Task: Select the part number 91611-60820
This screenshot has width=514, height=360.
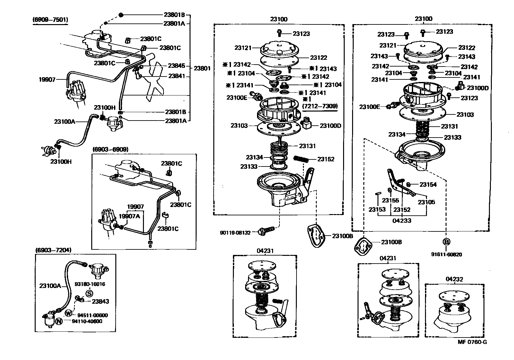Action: pos(447,255)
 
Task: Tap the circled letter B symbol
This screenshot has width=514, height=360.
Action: pos(447,242)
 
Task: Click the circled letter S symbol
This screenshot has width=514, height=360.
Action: pos(89,293)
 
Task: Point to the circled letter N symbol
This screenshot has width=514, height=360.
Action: pos(59,321)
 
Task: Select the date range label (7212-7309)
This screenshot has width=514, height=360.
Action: pos(320,106)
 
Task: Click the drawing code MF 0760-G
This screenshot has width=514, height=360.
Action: pos(472,342)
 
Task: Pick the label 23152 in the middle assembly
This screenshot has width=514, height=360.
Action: pos(326,159)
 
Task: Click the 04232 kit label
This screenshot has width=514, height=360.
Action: pos(454,279)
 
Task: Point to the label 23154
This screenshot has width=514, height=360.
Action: pos(428,184)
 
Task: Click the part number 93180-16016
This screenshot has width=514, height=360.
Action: pos(90,284)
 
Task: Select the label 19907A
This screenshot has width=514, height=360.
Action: pos(129,216)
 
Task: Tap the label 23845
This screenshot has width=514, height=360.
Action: pos(176,66)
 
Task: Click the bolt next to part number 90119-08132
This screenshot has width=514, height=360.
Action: pos(267,230)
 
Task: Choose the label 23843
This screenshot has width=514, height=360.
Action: pos(100,301)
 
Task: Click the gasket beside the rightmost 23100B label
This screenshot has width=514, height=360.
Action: pos(362,248)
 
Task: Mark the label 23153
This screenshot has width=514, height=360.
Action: pos(377,210)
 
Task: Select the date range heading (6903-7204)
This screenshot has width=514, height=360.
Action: pos(53,250)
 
